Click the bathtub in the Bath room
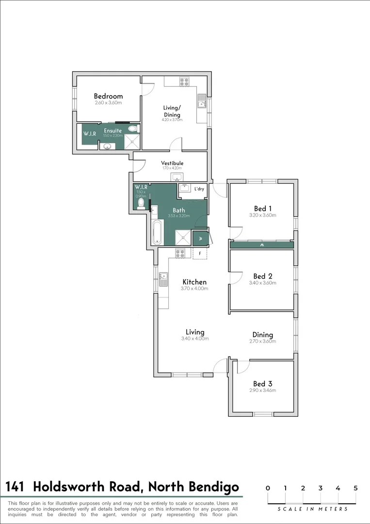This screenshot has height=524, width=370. coord(157,233)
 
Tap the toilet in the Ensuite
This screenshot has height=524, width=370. coord(132,129)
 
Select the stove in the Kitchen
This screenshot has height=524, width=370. coord(180,253)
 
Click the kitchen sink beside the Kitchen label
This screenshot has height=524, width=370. coord(163,279)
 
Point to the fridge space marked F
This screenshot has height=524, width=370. coord(200,253)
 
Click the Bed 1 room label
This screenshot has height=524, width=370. coord(262,208)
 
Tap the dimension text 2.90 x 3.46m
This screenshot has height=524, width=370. coord(262,390)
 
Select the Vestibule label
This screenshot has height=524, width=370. coord(172,163)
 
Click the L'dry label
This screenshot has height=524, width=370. coord(199,189)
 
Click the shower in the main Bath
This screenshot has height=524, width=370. coord(183,237)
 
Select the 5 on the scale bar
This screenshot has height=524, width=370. coord(355,488)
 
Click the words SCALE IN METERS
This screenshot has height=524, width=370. coord(312,509)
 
